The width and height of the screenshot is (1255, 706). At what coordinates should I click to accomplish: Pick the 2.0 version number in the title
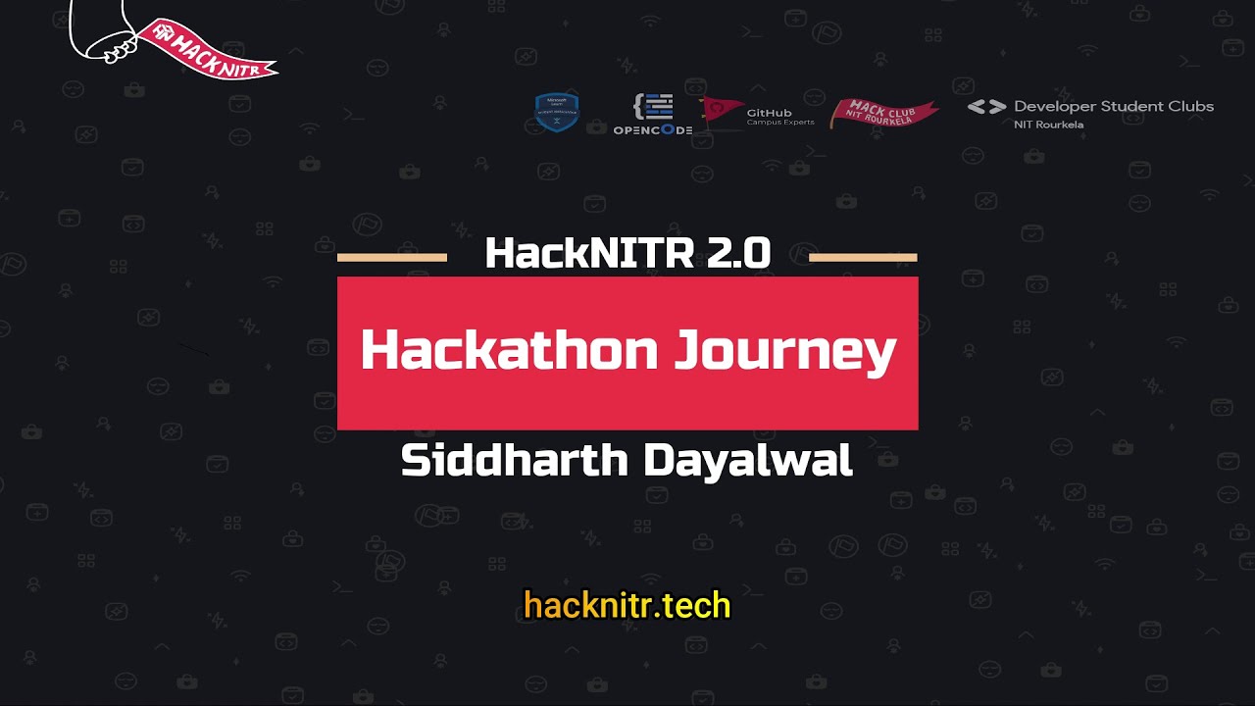point(738,254)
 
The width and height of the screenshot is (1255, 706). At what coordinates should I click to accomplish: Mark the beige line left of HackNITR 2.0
point(391,258)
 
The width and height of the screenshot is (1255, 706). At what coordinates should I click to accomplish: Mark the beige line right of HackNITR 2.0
point(863,258)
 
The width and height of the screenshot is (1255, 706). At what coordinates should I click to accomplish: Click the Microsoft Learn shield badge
point(556,112)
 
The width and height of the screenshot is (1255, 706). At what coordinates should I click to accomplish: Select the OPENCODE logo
point(653,115)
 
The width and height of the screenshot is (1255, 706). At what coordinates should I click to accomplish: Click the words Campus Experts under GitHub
point(779,123)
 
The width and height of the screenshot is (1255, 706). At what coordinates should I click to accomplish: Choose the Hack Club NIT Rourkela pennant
point(882,113)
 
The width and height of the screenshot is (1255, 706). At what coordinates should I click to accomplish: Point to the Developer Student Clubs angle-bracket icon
point(986,107)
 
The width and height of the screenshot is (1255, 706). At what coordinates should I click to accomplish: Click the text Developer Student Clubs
point(1114,106)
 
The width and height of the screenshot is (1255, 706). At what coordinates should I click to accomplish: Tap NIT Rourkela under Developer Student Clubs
point(1048,125)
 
